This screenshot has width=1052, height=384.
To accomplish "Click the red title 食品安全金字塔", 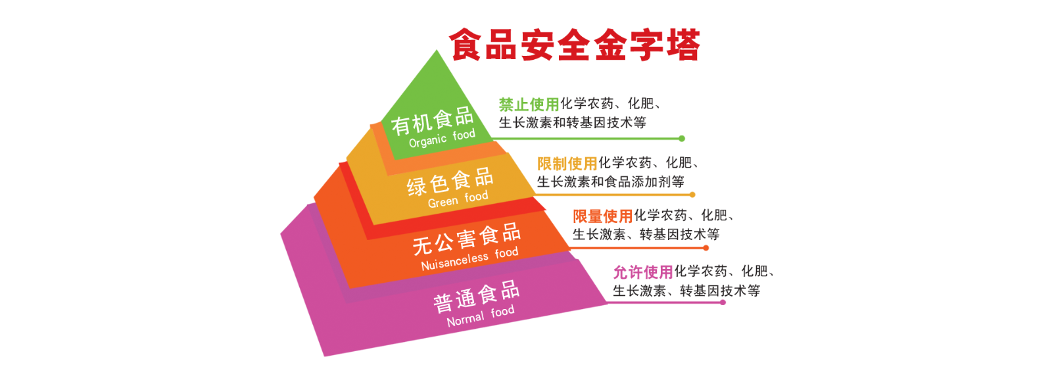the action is [x=575, y=45].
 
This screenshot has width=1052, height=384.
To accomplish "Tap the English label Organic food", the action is [x=442, y=139].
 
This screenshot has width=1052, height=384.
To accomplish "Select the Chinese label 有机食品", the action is [x=433, y=120].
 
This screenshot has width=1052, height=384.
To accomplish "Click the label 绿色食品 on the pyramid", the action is [x=450, y=181].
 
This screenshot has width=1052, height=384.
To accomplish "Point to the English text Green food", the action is [x=458, y=199].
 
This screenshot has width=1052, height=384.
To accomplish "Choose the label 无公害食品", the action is [x=467, y=239].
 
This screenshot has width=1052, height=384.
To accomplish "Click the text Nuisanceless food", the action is [x=469, y=258].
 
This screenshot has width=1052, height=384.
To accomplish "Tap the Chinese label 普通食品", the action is [x=476, y=297].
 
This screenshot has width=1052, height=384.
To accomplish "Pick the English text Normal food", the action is [x=481, y=316].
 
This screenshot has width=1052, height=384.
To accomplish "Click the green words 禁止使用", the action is [x=529, y=104].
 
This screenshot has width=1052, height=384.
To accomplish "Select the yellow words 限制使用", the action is [x=567, y=163].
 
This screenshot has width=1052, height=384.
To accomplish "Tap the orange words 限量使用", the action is [x=602, y=216].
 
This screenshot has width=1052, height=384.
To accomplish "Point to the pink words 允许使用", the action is [x=644, y=272].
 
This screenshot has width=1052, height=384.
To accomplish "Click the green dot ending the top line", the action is [x=682, y=139].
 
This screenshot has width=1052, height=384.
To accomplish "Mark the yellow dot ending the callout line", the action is [x=692, y=195].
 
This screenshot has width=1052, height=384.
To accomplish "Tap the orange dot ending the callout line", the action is [x=706, y=248].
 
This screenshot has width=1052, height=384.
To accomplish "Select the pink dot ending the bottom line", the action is [x=723, y=302].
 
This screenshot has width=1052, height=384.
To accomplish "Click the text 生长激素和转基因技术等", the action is [x=573, y=122].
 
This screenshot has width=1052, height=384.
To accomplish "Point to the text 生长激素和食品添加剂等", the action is [x=611, y=181].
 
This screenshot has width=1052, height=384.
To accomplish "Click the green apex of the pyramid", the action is [x=437, y=51].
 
